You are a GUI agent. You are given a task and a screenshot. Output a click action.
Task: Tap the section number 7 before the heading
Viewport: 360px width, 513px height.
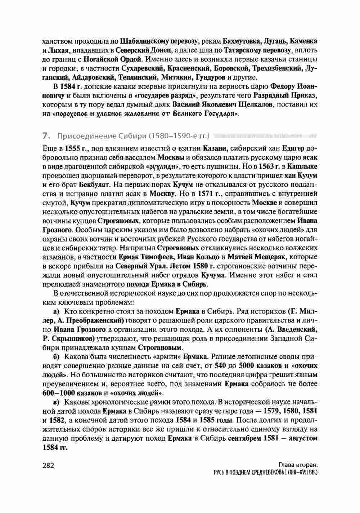[45, 136]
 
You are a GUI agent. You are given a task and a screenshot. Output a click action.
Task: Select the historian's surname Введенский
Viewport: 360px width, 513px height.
[297, 330]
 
